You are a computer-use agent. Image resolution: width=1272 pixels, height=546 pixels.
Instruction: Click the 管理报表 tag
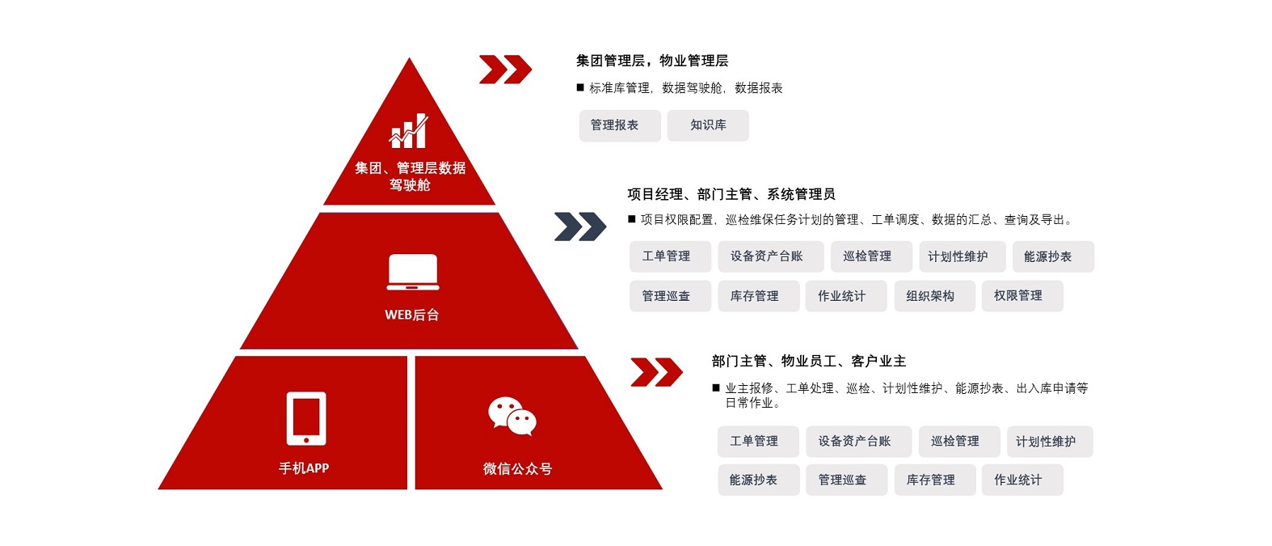pos(620,125)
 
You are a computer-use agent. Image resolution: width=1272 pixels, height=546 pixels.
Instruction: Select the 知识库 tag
pos(708,125)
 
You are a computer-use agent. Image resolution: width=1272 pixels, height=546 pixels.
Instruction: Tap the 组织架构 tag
pos(934,296)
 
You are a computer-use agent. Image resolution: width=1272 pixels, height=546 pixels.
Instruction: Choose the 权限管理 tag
pos(1022,296)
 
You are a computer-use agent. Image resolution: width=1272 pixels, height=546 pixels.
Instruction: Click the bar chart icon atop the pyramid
pos(408,131)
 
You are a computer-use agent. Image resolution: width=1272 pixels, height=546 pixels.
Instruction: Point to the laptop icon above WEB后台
pos(413,272)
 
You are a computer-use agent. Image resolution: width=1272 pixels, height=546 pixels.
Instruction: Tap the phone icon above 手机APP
pos(306,418)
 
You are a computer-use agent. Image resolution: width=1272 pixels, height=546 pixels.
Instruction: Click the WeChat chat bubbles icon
pos(512,416)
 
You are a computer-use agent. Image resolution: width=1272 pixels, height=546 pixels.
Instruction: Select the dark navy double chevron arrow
pos(580,226)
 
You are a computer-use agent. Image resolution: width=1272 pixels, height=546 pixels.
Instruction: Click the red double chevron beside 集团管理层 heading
pos(505,70)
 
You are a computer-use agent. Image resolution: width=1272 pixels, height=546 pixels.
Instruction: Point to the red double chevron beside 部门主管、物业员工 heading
pos(656,372)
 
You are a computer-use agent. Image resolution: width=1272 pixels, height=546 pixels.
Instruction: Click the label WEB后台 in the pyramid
pos(411,315)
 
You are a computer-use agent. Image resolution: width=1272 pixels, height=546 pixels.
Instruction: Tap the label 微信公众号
pos(517,468)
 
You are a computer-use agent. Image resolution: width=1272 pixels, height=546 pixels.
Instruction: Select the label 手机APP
pos(304,468)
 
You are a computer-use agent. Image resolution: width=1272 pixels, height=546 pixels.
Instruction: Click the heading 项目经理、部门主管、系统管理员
pos(731,194)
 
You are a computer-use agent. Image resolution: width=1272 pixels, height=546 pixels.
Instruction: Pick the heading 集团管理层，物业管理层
pos(652,61)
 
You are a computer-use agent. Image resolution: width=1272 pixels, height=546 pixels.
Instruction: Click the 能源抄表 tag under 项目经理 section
pos(1053,256)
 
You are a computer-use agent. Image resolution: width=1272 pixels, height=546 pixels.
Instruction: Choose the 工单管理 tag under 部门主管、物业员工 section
pos(758,442)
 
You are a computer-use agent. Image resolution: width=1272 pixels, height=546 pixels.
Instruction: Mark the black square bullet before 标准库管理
pos(580,87)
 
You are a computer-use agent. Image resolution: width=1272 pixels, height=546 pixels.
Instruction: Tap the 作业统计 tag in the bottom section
pos(1022,480)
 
